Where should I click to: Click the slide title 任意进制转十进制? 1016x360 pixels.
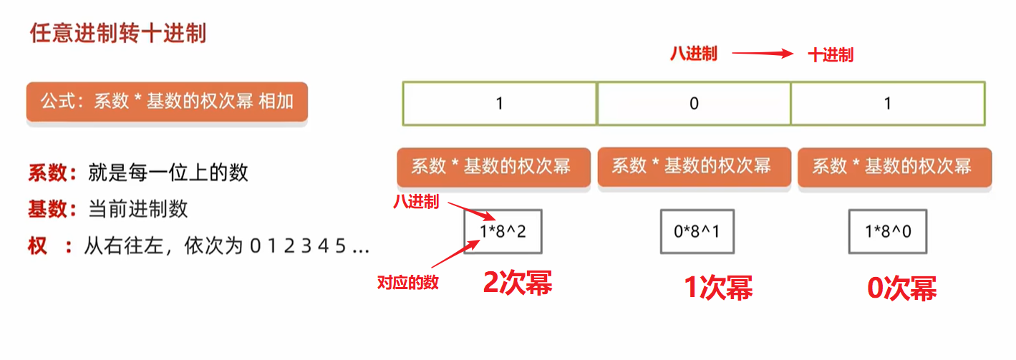[x=118, y=34]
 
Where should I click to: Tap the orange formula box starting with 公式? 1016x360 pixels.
[x=167, y=102]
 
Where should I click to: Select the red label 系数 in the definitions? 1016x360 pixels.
[x=48, y=172]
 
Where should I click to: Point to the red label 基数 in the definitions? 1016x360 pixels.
[x=48, y=209]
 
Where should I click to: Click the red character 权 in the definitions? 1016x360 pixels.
[x=38, y=245]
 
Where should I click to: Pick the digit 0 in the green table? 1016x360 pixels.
[x=694, y=103]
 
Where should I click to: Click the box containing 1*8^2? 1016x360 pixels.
[x=503, y=231]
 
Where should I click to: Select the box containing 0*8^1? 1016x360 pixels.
[x=697, y=231]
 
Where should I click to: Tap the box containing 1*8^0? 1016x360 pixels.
[x=888, y=231]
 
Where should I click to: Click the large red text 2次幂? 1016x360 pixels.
[x=518, y=283]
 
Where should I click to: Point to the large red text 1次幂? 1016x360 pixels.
[x=718, y=288]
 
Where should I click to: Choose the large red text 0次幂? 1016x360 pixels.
[x=901, y=288]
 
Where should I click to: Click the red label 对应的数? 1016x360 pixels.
[x=408, y=283]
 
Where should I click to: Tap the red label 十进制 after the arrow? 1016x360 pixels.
[x=831, y=55]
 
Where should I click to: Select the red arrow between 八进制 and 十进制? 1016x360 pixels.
[x=763, y=54]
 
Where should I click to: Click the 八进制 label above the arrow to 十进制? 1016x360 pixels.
[x=694, y=54]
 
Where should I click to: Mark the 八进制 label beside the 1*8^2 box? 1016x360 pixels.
[x=416, y=201]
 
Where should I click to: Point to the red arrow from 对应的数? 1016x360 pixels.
[x=455, y=254]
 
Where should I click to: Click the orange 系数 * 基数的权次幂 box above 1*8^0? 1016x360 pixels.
[x=894, y=166]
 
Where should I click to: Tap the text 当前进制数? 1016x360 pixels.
[x=138, y=209]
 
